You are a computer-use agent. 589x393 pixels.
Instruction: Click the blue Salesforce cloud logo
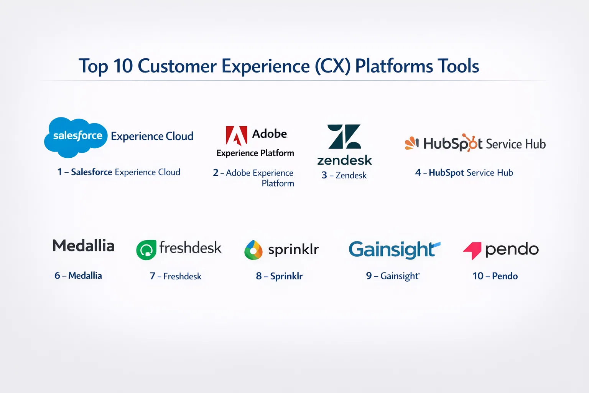(76, 137)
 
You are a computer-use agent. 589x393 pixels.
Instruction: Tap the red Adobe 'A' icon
(236, 135)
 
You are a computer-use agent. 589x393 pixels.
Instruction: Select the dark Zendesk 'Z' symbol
(344, 137)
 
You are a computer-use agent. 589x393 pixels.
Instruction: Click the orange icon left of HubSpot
(412, 143)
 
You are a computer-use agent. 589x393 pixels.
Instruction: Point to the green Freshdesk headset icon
(146, 250)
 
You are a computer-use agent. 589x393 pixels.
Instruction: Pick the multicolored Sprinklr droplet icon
(253, 250)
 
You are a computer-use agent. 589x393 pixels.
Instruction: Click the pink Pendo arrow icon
(472, 251)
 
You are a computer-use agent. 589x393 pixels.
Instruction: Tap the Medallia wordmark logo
(84, 246)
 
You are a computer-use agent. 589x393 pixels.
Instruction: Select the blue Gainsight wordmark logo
(395, 249)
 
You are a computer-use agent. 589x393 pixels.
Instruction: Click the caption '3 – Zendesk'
(344, 175)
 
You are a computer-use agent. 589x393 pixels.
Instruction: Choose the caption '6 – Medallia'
(78, 276)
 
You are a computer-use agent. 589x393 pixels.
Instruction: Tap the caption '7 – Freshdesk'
(175, 276)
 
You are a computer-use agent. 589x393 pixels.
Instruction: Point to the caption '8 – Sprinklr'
(279, 276)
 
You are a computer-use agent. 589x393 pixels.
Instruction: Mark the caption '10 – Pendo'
(495, 276)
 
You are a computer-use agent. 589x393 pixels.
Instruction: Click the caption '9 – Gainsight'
(393, 276)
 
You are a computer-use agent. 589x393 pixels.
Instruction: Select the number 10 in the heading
(123, 66)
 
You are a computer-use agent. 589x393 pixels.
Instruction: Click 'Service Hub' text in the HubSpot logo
(516, 144)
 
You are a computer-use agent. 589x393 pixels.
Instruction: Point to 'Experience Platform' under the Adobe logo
(255, 153)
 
